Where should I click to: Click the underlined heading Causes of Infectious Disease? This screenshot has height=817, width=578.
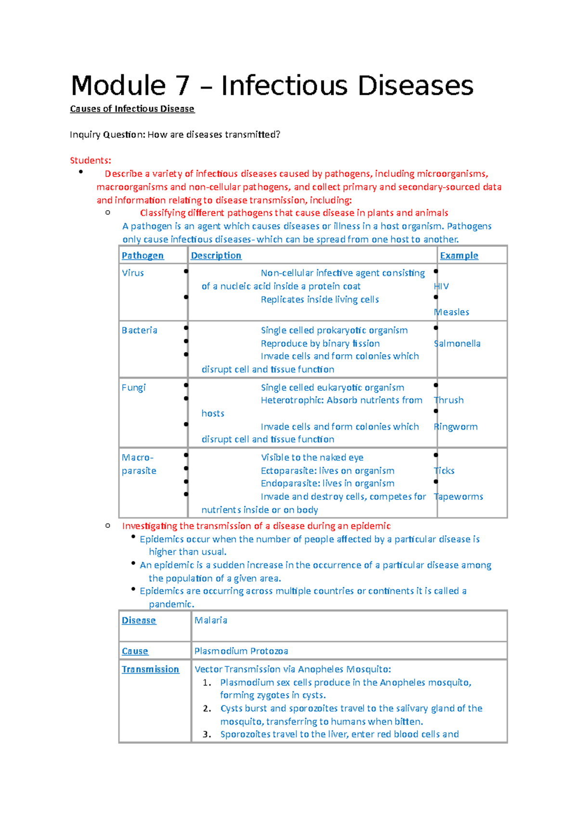point(132,109)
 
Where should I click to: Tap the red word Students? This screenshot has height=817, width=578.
point(91,161)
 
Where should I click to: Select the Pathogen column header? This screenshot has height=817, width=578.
point(143,256)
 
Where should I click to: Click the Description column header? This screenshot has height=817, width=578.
point(216,256)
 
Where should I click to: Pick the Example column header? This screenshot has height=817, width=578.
point(459,256)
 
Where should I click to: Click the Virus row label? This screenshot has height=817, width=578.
point(133,273)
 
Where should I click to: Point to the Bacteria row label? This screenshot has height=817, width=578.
point(139,331)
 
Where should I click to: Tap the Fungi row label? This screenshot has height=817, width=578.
point(133,388)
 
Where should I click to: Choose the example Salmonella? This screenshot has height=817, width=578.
point(457,344)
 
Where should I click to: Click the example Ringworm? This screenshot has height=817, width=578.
point(456,427)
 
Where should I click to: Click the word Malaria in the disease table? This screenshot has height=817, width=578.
point(210,621)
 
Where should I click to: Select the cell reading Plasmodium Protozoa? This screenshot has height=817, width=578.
point(241,651)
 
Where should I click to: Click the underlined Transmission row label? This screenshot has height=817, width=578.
point(150,670)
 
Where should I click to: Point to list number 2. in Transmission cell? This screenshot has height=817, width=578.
point(207,709)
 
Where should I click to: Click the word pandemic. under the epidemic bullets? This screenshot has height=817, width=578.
point(171,604)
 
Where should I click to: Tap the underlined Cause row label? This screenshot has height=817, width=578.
point(135,651)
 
